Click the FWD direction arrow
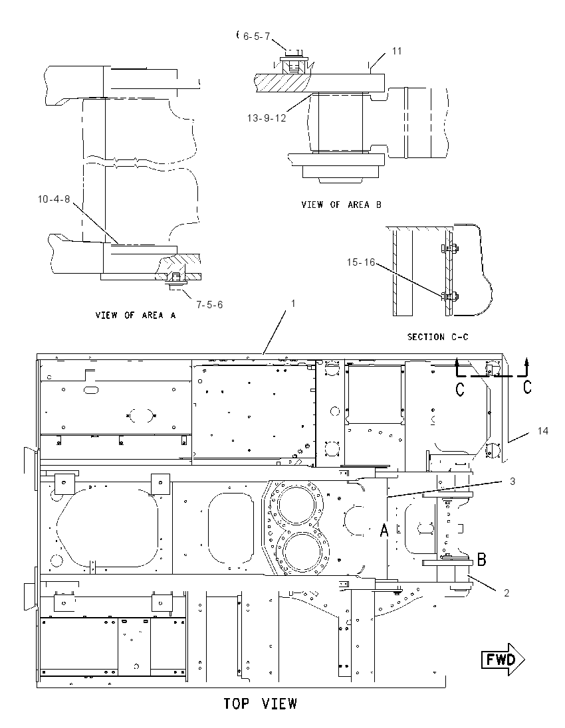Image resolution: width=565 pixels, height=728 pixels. click(x=503, y=660)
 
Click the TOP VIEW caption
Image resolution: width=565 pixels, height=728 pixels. click(x=260, y=704)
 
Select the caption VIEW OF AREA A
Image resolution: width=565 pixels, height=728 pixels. click(x=136, y=316)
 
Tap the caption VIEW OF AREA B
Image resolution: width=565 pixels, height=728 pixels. click(x=342, y=205)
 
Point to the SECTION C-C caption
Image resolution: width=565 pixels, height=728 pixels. click(x=437, y=337)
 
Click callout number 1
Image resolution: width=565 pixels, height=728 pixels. click(x=292, y=303)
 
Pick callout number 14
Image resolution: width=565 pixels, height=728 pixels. click(x=542, y=431)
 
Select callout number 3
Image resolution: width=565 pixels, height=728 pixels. click(x=512, y=482)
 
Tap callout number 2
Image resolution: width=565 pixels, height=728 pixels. click(x=507, y=593)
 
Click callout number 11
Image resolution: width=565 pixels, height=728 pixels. click(x=396, y=50)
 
